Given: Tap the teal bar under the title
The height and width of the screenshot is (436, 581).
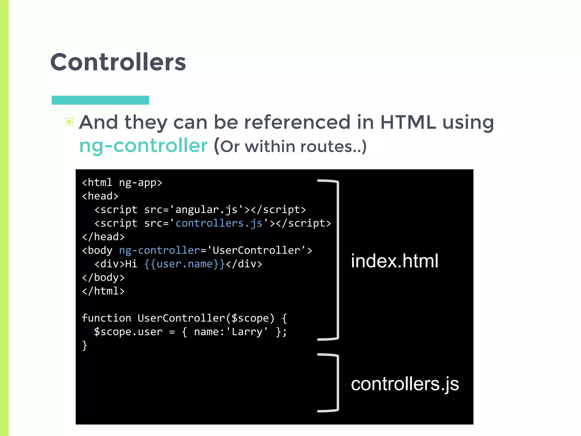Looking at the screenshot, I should click(x=100, y=100).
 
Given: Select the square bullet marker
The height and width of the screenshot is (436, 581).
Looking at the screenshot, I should click(x=69, y=122).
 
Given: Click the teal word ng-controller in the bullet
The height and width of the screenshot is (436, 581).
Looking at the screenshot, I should click(x=143, y=146).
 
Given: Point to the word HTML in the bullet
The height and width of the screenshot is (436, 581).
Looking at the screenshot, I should click(x=408, y=122).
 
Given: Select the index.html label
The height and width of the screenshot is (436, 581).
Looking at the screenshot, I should click(x=394, y=261).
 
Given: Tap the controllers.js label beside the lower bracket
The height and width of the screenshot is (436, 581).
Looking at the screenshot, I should click(x=405, y=384).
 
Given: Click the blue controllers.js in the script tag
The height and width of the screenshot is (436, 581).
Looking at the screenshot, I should click(x=219, y=223).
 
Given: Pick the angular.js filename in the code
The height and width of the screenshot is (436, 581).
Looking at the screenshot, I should click(x=206, y=209).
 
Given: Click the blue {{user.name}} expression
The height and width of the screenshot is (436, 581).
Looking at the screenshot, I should click(x=184, y=264).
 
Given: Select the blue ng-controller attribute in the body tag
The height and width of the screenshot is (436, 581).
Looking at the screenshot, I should click(x=159, y=250).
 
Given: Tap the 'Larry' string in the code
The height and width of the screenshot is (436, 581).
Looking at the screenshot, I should click(x=247, y=332).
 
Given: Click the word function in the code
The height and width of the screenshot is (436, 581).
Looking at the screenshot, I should click(x=106, y=318).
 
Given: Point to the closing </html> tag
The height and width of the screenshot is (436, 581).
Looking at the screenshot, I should click(x=103, y=291).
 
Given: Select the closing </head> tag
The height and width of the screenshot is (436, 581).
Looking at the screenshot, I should click(x=103, y=237).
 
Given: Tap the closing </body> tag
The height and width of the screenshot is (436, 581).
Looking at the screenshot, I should click(x=103, y=277).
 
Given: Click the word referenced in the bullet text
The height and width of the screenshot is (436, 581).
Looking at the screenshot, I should click(x=297, y=122).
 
